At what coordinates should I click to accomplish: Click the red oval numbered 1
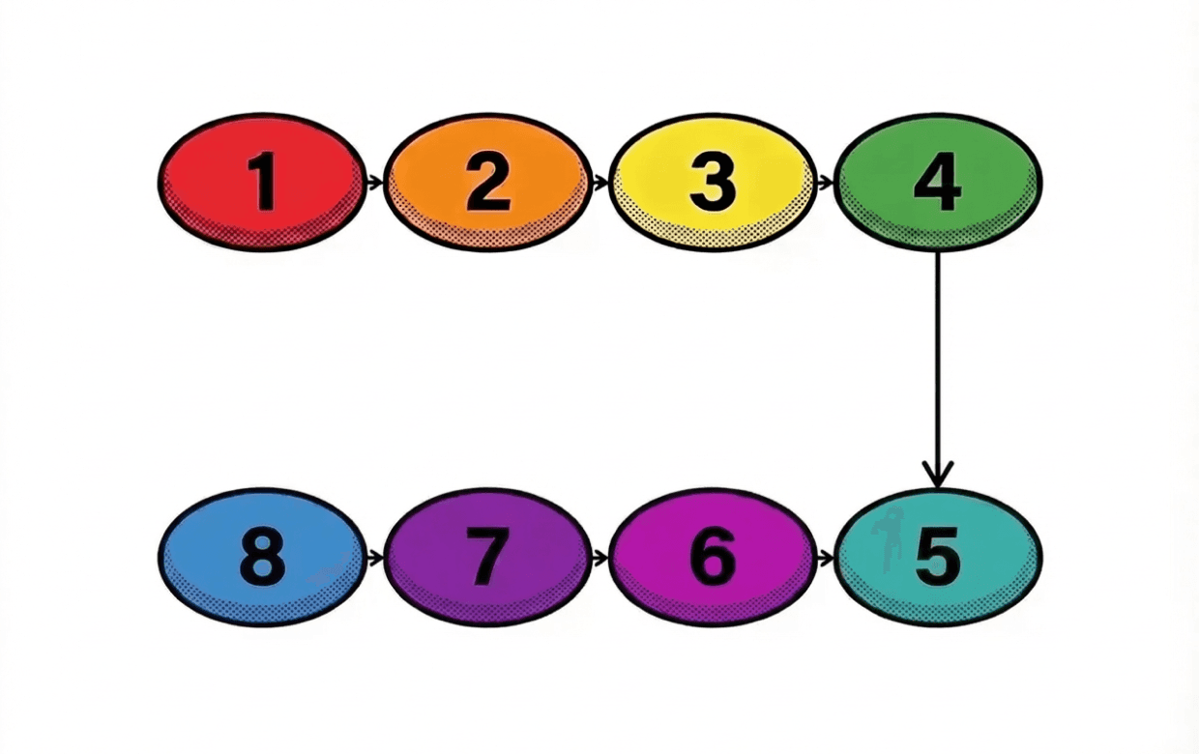(261, 182)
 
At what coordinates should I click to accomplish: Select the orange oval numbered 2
(486, 182)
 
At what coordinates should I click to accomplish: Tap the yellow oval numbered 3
(712, 182)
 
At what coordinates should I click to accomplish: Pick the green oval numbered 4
(937, 182)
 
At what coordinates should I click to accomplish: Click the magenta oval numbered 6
(712, 558)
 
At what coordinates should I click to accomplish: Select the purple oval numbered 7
(486, 558)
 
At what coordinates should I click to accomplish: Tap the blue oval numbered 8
(261, 558)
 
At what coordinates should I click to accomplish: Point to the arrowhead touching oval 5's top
(937, 476)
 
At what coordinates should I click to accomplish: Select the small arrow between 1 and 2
(375, 182)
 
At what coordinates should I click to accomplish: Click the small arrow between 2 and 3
(600, 182)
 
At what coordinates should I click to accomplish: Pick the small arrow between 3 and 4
(825, 182)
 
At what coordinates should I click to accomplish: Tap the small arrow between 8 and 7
(375, 558)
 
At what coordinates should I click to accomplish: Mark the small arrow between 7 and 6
(600, 558)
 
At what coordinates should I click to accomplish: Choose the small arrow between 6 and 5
(825, 558)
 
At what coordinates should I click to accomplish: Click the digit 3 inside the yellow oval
(713, 182)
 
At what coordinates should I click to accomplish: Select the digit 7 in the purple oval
(486, 558)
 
